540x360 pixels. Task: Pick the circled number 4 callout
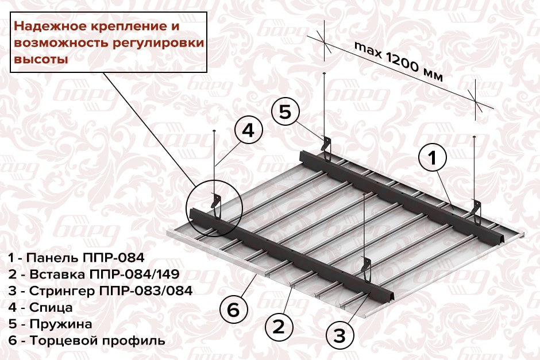[248, 131]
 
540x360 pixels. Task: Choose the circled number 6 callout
[233, 310]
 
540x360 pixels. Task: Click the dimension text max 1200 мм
[398, 61]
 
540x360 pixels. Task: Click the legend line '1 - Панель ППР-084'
[76, 257]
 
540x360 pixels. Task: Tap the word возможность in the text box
[56, 43]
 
